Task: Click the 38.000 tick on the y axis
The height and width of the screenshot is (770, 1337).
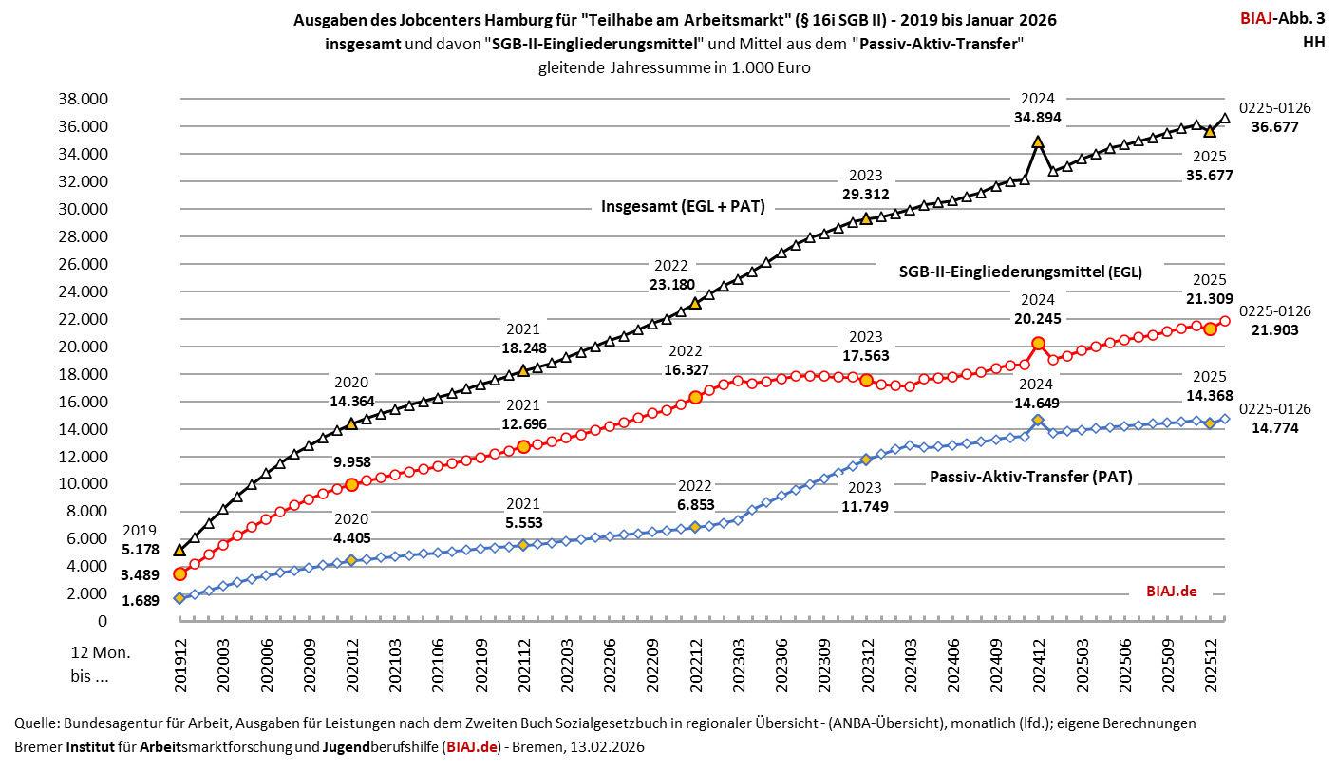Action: click(84, 99)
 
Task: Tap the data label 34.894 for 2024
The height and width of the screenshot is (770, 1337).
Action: click(1038, 118)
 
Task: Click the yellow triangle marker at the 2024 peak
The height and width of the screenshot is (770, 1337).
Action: click(1038, 141)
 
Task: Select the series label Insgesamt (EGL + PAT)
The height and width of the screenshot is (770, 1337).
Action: click(683, 205)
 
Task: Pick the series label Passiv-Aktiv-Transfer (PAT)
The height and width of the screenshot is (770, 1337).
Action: click(1030, 477)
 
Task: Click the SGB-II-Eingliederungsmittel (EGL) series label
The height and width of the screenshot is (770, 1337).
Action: click(1020, 272)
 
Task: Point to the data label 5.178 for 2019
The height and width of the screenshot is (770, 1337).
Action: click(141, 549)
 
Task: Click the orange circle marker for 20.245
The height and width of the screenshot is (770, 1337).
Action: click(1038, 344)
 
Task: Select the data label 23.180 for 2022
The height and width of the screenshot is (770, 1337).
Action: click(670, 284)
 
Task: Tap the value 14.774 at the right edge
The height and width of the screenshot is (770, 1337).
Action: click(1274, 428)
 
